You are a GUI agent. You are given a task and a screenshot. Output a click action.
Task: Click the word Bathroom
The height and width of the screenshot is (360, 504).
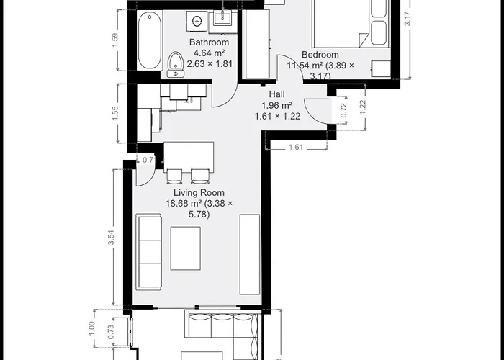pyautogui.click(x=209, y=42)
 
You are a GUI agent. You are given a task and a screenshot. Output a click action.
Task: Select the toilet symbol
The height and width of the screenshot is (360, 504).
pyautogui.click(x=176, y=63)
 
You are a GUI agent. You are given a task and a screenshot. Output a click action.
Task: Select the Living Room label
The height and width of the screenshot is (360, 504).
pyautogui.click(x=199, y=193)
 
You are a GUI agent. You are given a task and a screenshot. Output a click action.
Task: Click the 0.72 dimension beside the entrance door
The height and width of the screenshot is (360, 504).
pyautogui.click(x=344, y=109)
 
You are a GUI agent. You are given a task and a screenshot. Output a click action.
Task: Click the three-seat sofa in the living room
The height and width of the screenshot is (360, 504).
pyautogui.click(x=149, y=251)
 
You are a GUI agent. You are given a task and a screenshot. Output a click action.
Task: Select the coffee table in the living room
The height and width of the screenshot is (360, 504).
pyautogui.click(x=185, y=248)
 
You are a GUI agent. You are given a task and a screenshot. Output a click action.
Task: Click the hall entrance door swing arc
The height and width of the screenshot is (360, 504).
pyautogui.click(x=318, y=112)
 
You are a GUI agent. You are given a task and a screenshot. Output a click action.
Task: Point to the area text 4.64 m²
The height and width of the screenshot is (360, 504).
pyautogui.click(x=209, y=53)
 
